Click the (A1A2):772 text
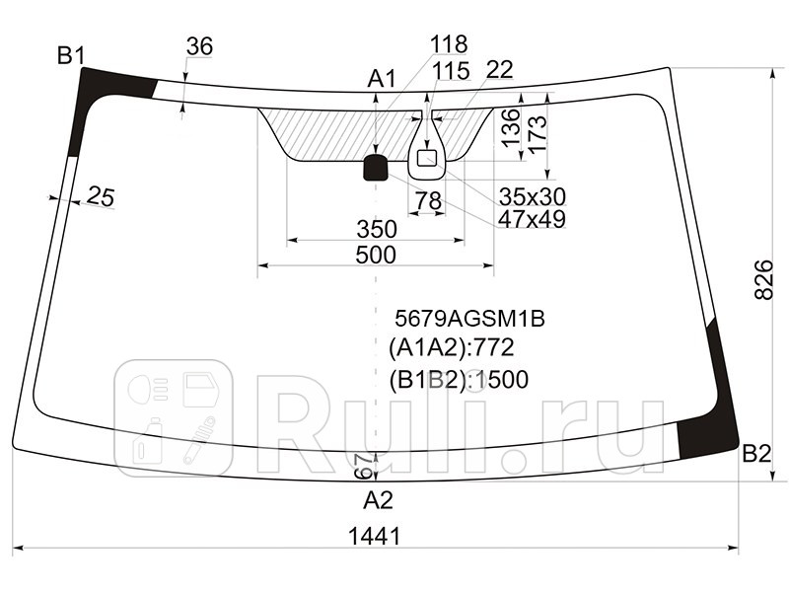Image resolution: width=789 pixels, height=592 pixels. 451,347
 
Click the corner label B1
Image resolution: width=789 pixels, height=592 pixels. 70,56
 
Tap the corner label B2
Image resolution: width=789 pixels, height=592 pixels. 755,454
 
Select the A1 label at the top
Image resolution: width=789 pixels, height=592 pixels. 382,78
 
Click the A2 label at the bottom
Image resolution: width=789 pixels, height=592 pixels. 378,500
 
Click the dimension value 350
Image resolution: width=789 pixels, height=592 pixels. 376,229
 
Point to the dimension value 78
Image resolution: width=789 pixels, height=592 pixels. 427,201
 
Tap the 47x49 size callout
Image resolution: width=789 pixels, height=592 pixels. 531,219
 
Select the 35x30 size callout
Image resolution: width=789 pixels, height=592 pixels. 532,194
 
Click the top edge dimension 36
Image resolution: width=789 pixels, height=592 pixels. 199,46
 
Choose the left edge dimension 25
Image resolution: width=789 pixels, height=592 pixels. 100,196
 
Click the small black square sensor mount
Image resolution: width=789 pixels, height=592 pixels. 376,168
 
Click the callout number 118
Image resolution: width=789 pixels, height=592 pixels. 449,44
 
